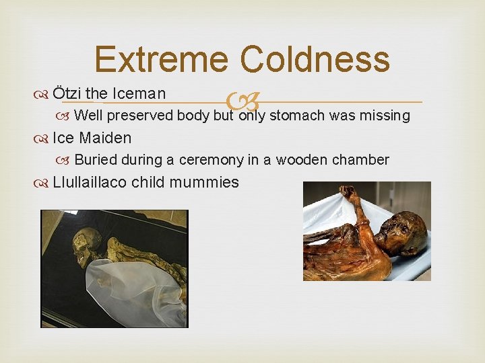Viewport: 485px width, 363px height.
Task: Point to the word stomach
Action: (x=298, y=116)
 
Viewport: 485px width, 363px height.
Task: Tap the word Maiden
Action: (x=105, y=138)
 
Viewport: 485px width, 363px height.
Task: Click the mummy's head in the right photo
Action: (x=401, y=233)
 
